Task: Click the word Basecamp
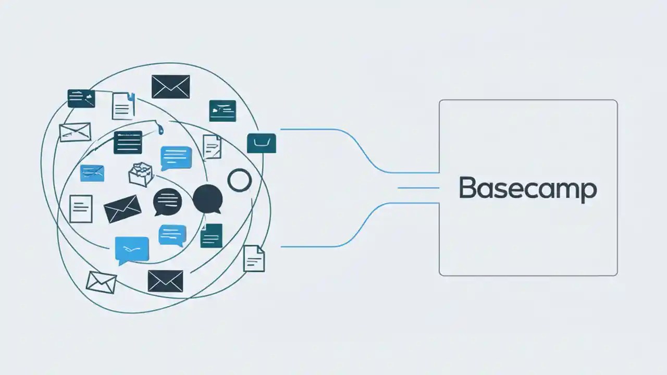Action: point(527,189)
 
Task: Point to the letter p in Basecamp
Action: point(589,191)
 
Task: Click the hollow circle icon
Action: point(240,180)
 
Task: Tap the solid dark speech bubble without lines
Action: point(208,199)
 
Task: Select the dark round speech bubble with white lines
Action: point(168,202)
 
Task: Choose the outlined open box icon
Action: point(141,174)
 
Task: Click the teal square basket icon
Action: point(261,143)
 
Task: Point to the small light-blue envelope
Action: point(92,173)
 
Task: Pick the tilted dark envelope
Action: point(122,208)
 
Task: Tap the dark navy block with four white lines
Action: point(128,142)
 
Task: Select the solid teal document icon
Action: point(212,235)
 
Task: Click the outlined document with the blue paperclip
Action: point(123,106)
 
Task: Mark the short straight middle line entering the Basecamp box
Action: point(418,188)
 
